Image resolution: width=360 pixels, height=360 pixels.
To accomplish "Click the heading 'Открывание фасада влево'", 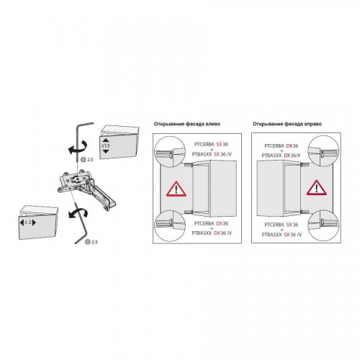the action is tap(187, 124).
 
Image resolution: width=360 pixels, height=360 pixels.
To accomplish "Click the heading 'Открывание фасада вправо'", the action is tap(287, 124).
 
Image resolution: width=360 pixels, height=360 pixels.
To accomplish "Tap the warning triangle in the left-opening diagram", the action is tap(176, 189).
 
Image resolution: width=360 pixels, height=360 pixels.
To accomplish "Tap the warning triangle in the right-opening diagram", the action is tap(317, 187).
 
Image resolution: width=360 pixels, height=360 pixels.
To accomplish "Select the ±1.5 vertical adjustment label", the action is tap(106, 145).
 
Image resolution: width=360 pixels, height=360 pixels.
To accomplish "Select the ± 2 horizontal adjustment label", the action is tap(28, 222).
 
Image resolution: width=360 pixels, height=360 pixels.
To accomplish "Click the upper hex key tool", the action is tap(81, 142).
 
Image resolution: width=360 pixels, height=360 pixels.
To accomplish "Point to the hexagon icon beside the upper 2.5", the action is tap(84, 159).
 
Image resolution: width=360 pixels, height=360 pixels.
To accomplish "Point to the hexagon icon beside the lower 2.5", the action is tap(88, 242).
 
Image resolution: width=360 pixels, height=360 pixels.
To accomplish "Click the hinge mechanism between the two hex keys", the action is tap(87, 189).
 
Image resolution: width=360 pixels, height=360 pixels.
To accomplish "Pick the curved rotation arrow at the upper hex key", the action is tap(78, 147).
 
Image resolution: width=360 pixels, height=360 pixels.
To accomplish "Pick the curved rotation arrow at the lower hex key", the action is tap(78, 213).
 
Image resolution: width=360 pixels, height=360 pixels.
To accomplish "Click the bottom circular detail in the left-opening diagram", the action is tap(170, 226).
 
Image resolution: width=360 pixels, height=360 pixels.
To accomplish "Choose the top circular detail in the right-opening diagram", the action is tap(323, 151).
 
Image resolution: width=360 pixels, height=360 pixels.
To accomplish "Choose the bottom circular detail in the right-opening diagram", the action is tap(323, 225).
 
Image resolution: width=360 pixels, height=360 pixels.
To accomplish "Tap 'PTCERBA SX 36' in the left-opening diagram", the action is tap(211, 144).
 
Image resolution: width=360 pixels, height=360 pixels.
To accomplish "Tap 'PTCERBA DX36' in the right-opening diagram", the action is tap(282, 146).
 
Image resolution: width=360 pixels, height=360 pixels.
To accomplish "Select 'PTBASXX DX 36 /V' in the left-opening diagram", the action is tap(212, 233).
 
